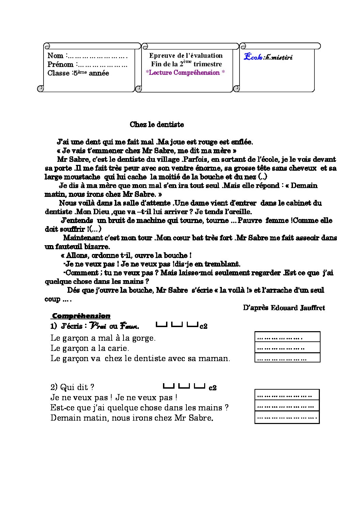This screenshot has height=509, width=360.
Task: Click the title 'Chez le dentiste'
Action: (x=157, y=124)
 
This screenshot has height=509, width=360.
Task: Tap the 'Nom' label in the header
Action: (x=55, y=56)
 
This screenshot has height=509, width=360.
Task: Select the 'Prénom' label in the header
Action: (x=60, y=65)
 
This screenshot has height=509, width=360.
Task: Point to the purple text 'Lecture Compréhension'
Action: (x=185, y=72)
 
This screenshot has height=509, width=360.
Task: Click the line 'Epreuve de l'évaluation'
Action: (x=186, y=56)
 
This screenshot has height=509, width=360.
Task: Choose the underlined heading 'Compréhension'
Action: (x=81, y=316)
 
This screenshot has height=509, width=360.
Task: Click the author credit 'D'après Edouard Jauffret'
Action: (x=284, y=308)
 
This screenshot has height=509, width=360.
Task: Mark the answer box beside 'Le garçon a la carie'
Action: (x=287, y=347)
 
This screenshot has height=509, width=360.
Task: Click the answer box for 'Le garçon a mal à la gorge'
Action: (x=287, y=337)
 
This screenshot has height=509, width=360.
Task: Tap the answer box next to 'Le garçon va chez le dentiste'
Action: (x=287, y=358)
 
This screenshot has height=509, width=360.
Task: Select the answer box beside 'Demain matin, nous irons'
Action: (x=287, y=417)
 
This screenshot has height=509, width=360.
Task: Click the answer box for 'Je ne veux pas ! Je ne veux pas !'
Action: (x=287, y=395)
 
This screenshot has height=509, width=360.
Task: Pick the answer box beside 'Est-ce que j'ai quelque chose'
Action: (x=287, y=406)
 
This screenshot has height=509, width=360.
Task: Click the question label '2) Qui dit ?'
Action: (x=72, y=387)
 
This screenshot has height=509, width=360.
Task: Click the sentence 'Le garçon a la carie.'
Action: (x=90, y=348)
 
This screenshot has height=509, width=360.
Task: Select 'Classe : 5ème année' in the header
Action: (x=78, y=73)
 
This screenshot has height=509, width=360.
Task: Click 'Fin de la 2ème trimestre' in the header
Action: (x=186, y=64)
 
